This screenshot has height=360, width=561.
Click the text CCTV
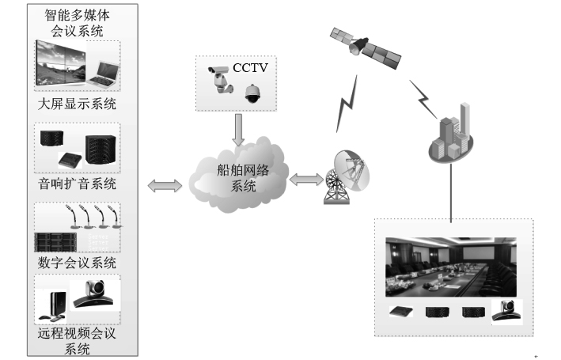250,68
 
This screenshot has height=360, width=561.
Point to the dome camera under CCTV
252,93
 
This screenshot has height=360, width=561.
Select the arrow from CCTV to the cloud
235,127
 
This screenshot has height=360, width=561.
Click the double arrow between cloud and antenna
305,180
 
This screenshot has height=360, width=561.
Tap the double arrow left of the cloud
165,185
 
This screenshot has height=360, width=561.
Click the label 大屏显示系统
77,104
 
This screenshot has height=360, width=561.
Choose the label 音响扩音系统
77,184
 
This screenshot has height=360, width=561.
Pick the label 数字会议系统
77,262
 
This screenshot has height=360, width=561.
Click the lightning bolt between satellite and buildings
423,97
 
